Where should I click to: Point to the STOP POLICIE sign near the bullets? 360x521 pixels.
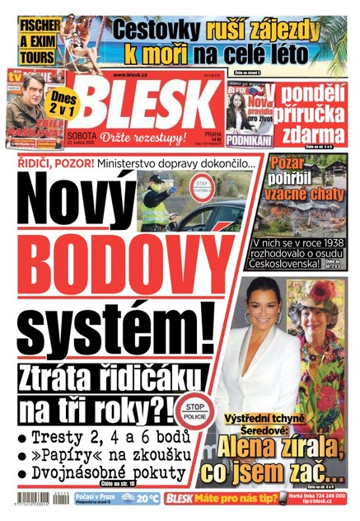click(193, 411)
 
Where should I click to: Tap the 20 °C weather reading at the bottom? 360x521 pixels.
click(147, 499)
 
